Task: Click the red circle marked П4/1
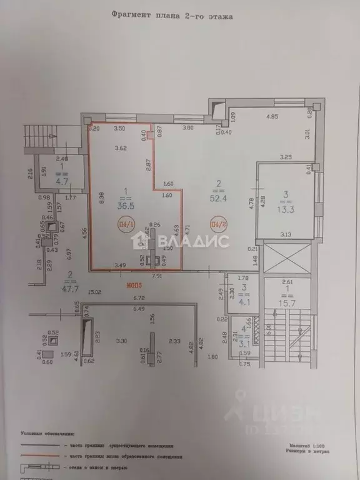126,224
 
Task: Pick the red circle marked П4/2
217,224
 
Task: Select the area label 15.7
286,303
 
